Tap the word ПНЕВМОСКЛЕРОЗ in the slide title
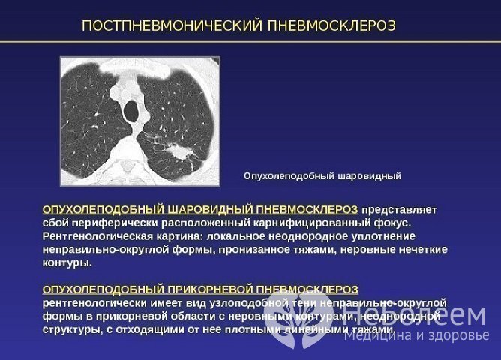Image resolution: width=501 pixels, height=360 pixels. [x=329, y=26]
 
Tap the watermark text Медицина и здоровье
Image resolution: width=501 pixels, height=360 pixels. [x=416, y=335]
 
